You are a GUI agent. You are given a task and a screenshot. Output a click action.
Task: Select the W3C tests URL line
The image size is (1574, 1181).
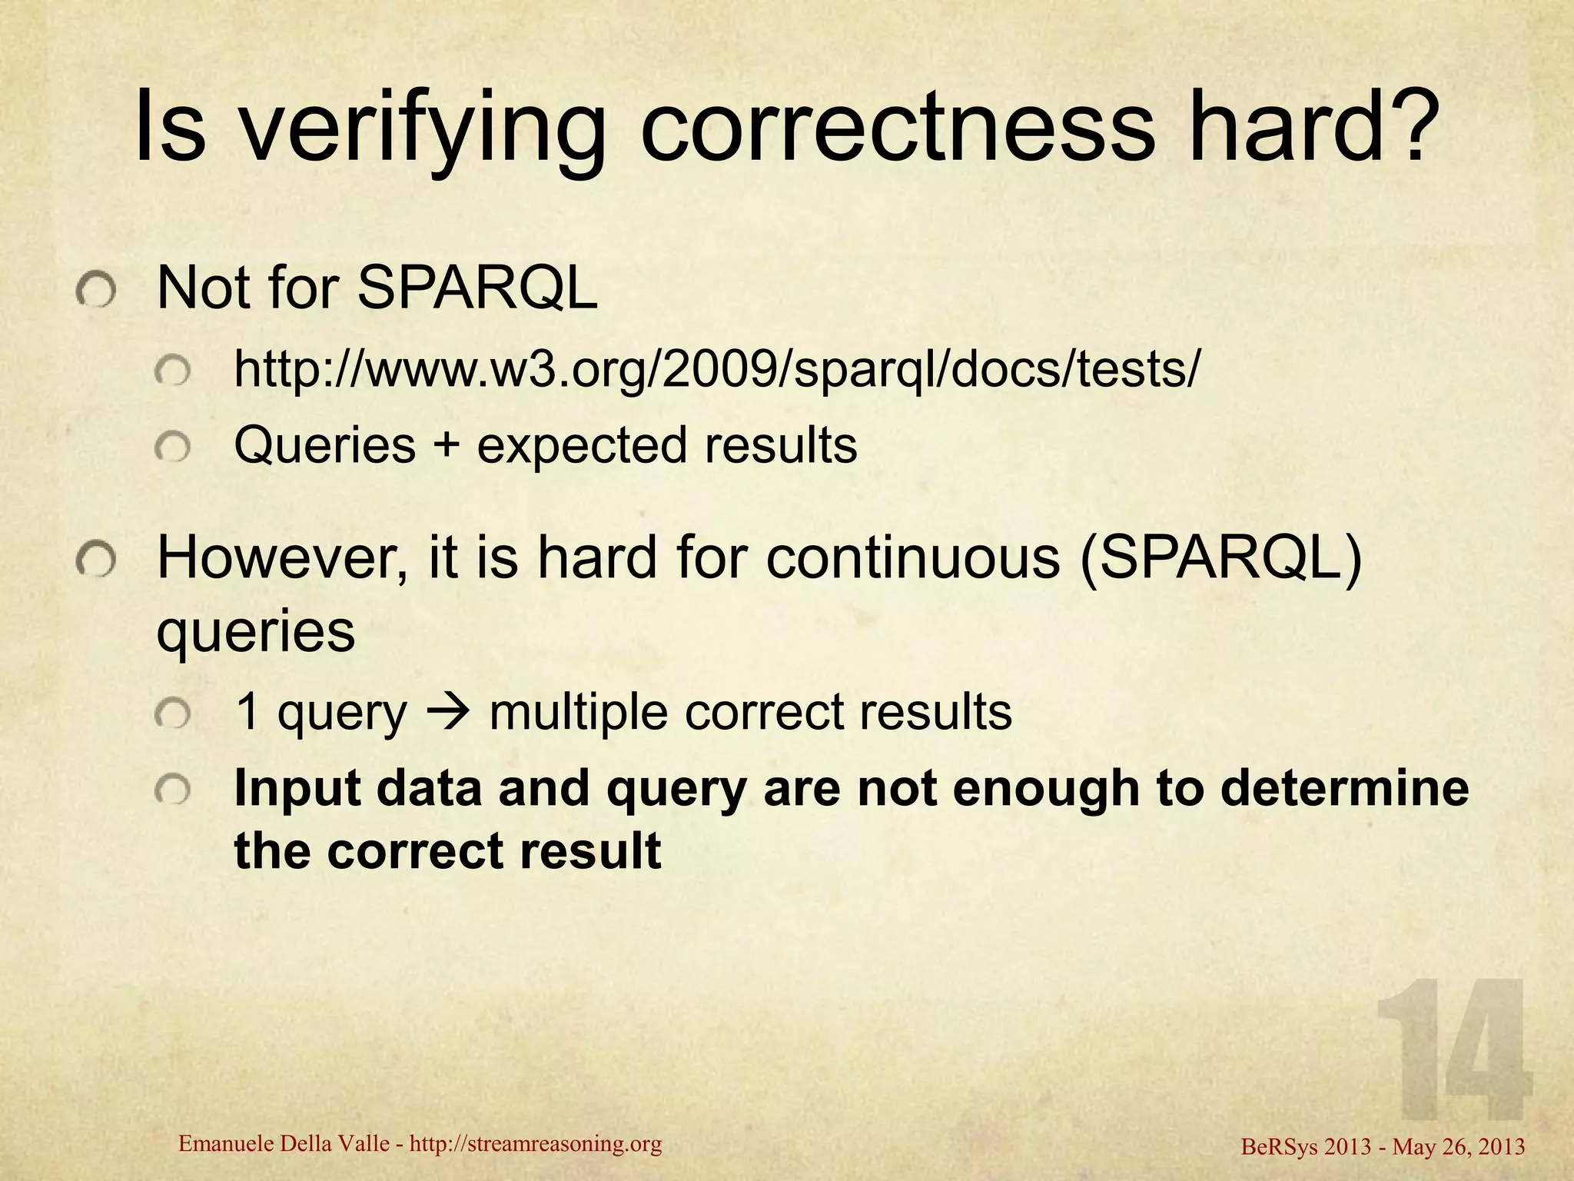715,370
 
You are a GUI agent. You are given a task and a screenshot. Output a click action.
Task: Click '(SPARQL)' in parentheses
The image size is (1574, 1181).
1220,558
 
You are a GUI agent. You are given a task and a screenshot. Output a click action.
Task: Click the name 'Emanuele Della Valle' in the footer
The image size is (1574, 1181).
284,1144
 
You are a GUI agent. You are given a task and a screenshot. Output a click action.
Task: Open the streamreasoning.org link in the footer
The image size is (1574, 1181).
536,1144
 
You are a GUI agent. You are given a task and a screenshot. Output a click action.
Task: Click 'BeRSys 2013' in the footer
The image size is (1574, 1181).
1306,1147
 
